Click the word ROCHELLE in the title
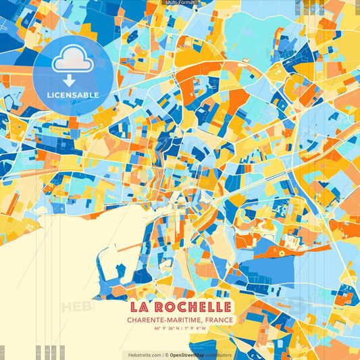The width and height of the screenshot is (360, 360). pyautogui.click(x=193, y=307)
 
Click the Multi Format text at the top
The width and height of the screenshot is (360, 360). pyautogui.click(x=180, y=3)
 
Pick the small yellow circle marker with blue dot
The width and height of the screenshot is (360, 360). pyautogui.click(x=281, y=253)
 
